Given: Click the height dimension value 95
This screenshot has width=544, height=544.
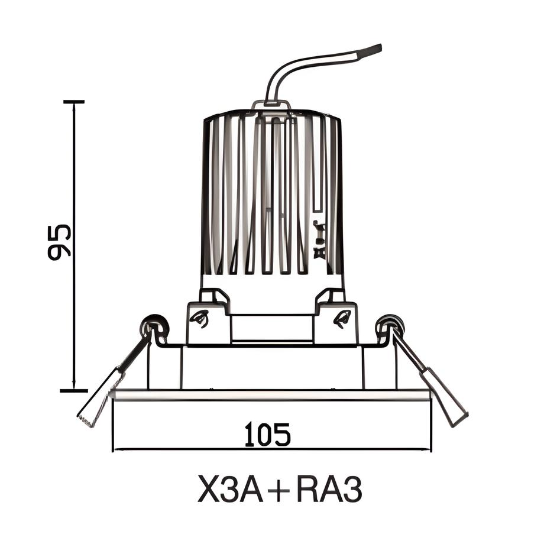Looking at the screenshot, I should point(60,241).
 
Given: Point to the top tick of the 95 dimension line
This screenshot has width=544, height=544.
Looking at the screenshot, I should point(74,102).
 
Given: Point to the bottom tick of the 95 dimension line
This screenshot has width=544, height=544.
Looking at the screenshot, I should point(74,390).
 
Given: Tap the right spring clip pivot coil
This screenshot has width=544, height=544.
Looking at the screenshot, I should point(390,325).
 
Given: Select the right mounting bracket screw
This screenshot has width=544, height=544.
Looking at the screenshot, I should point(342,319).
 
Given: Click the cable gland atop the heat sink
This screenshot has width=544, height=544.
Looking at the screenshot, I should point(271,106).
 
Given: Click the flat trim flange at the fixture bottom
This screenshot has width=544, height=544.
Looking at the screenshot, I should point(271,395).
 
